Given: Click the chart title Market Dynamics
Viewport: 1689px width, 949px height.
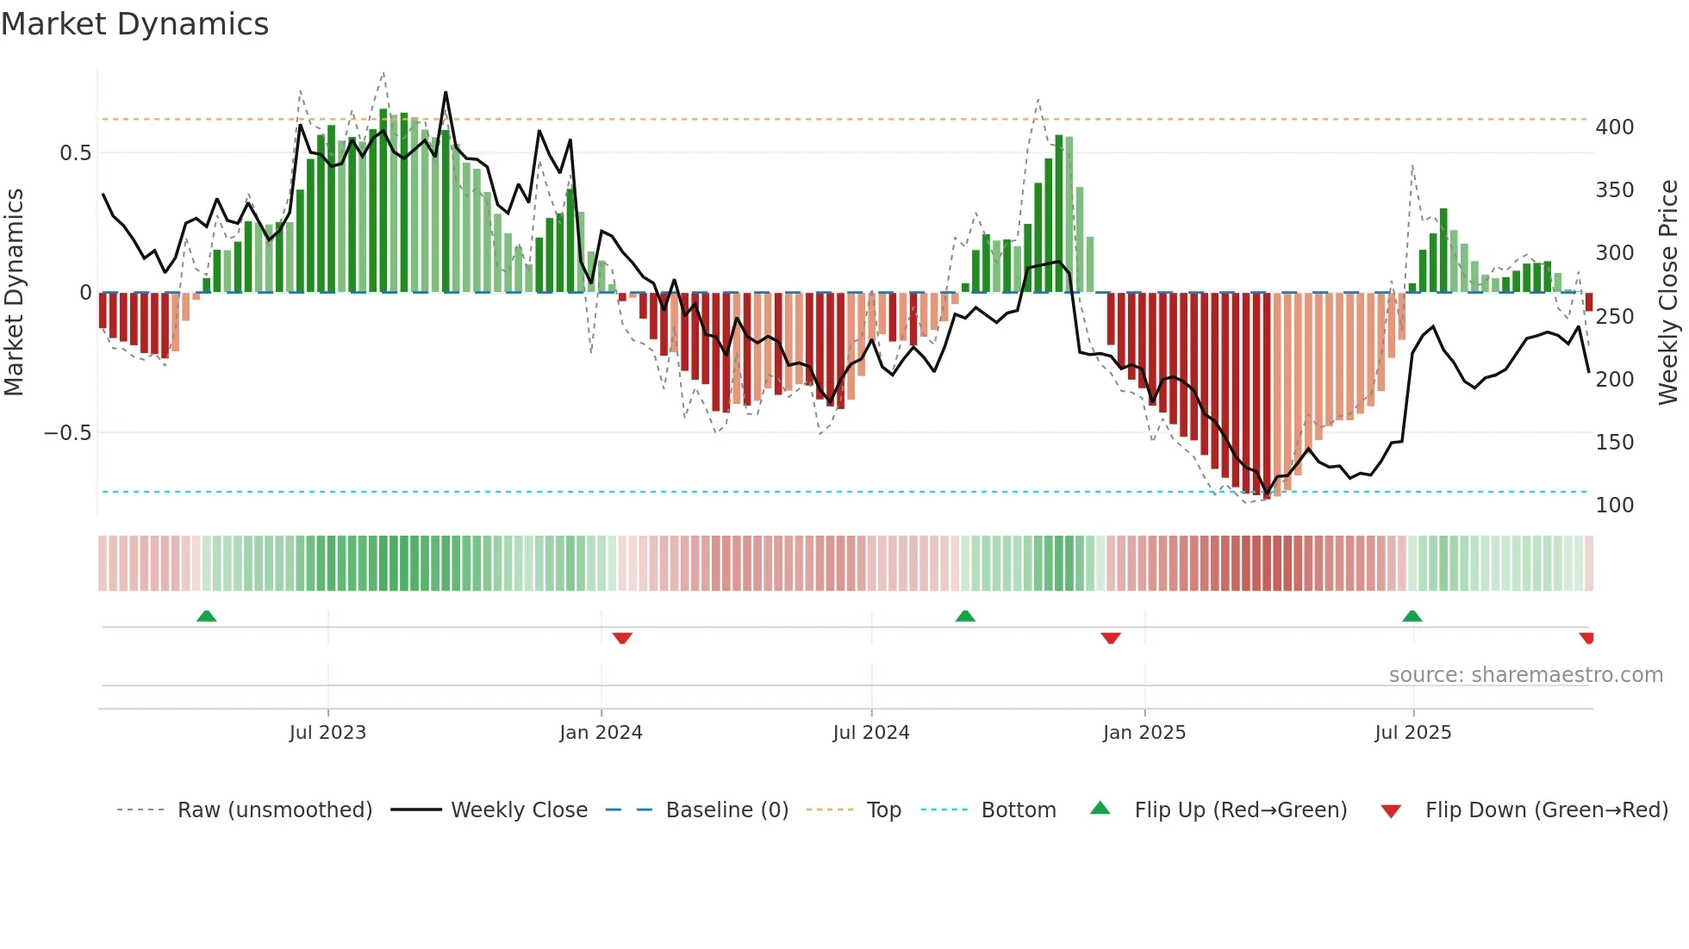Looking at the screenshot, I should [135, 24].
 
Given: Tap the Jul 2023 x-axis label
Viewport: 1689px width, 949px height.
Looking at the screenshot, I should [327, 733].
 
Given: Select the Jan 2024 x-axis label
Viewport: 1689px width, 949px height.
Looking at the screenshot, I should [601, 733].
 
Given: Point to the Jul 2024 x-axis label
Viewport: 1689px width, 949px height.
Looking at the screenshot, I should [871, 733].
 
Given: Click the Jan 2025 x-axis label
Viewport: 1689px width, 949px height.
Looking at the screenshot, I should [1144, 733].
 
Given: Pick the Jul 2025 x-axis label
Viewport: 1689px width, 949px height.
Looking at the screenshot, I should [1413, 733].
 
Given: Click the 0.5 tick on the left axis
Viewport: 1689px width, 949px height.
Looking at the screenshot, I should [76, 153].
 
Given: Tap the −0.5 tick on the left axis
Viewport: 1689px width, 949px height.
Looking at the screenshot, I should [68, 433].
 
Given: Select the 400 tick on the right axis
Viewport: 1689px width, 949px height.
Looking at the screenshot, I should [1615, 127].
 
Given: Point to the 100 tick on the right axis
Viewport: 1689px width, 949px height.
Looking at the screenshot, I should [1615, 506].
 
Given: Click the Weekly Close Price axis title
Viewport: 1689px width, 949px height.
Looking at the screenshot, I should [1669, 293].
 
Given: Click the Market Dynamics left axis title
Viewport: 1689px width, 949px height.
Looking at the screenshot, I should [15, 293].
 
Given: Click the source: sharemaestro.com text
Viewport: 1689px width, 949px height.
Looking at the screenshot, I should [1525, 675].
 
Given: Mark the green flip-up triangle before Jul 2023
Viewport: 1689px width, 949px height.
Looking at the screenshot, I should [206, 617].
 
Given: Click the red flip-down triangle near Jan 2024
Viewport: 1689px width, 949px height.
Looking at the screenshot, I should [622, 638].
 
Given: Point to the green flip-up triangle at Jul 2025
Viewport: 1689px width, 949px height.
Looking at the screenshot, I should [1412, 617].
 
